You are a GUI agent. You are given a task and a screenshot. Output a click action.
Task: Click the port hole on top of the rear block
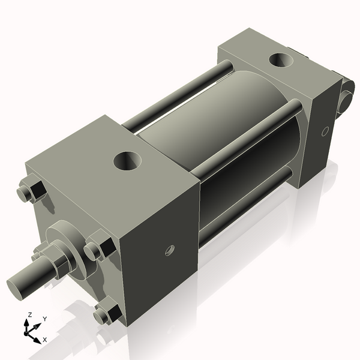point(281,61)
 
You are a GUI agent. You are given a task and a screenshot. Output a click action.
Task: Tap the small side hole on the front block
point(168,250)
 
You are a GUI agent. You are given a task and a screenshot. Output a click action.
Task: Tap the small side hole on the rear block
point(325,131)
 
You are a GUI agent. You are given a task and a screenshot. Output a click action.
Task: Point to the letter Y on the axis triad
point(44,319)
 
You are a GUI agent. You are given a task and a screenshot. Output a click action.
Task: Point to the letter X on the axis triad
point(44,340)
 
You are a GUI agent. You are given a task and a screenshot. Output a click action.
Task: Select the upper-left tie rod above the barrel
point(180,93)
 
